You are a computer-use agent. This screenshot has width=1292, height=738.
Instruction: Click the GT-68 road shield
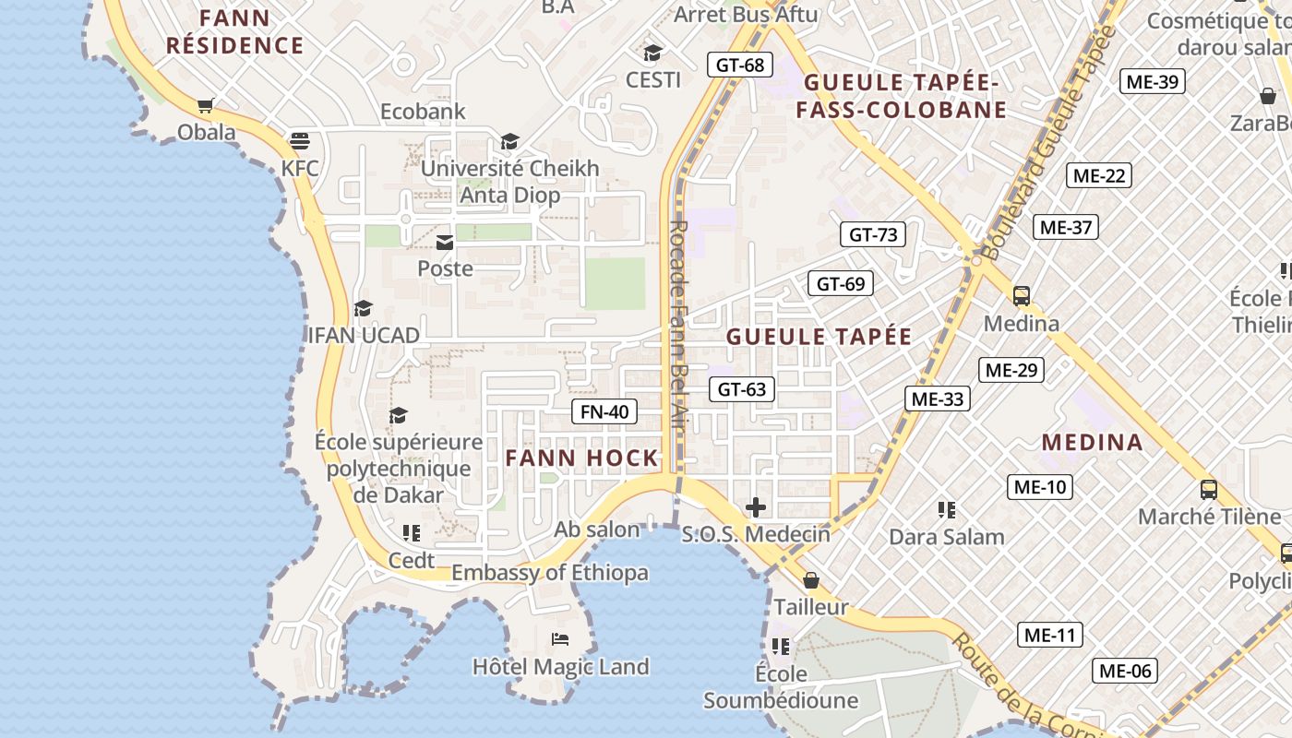click(740, 65)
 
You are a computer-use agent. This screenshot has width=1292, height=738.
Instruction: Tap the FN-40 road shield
click(604, 411)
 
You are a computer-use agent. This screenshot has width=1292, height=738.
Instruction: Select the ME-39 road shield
click(1153, 81)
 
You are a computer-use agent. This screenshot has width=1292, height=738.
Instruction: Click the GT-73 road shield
click(872, 234)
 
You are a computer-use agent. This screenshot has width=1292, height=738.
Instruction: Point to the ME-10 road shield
click(1039, 487)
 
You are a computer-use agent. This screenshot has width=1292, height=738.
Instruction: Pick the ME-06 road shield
click(1124, 671)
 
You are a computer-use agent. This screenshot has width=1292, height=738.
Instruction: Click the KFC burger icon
click(299, 141)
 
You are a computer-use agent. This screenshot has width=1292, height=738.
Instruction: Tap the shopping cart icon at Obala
click(206, 106)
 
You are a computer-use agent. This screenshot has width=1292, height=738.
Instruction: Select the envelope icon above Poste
click(445, 243)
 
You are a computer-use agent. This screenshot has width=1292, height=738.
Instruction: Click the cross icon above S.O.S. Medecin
click(756, 506)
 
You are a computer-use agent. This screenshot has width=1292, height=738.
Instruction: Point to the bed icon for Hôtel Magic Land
click(560, 639)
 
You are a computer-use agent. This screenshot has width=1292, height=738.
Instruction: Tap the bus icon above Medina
click(1021, 296)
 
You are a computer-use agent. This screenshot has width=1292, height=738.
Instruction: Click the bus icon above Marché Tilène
click(1208, 490)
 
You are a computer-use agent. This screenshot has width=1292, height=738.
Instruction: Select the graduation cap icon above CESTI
click(652, 53)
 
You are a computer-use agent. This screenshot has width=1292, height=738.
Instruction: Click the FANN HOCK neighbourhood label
click(581, 458)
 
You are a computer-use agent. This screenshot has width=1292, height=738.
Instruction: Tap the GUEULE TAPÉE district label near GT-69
click(819, 337)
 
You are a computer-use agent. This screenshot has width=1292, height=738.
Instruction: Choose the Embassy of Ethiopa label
click(549, 573)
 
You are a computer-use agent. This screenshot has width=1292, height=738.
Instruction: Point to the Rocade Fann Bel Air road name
click(679, 332)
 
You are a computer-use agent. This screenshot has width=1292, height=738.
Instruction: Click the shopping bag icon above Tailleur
click(810, 580)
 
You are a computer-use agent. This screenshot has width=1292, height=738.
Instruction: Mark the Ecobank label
click(423, 112)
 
